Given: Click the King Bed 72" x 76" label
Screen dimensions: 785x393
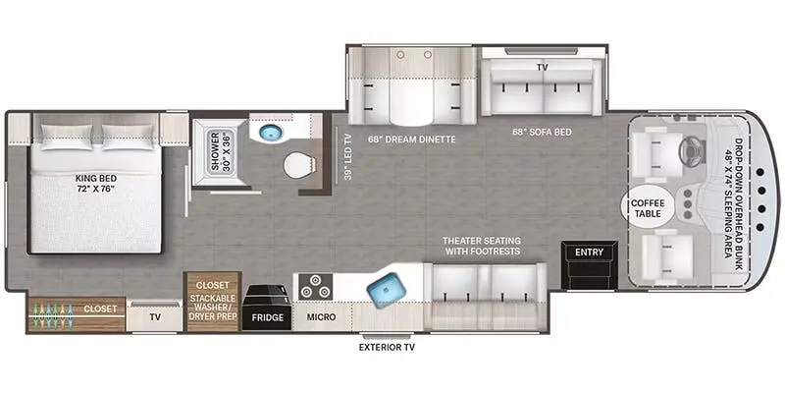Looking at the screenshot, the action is coord(94,183).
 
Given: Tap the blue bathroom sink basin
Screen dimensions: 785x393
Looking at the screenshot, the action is coord(271,133).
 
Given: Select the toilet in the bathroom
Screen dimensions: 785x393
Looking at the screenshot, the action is coord(299,165).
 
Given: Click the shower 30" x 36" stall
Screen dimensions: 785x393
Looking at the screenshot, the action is coord(220,152).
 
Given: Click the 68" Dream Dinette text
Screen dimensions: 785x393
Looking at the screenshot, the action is coord(412,140).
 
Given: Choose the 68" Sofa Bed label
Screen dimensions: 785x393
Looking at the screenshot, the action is coord(543,133).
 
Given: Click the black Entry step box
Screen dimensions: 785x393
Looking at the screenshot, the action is coord(590,265).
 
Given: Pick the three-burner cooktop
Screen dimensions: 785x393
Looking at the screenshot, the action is coord(315,287).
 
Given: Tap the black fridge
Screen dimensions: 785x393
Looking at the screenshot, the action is coord(267,307).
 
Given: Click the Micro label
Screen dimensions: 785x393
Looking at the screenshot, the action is coord(322,317).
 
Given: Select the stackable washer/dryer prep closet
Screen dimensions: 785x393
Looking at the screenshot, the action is coord(213,302).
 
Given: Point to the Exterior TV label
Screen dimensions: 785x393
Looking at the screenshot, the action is coord(387,347).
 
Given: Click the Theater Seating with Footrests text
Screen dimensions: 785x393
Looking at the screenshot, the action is coord(481,247).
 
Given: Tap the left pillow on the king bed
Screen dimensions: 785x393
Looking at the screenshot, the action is coord(67,137).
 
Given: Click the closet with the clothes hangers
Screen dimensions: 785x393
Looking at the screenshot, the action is coord(76,314).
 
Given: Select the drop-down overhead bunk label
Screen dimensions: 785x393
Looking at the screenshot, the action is coord(731,198).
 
